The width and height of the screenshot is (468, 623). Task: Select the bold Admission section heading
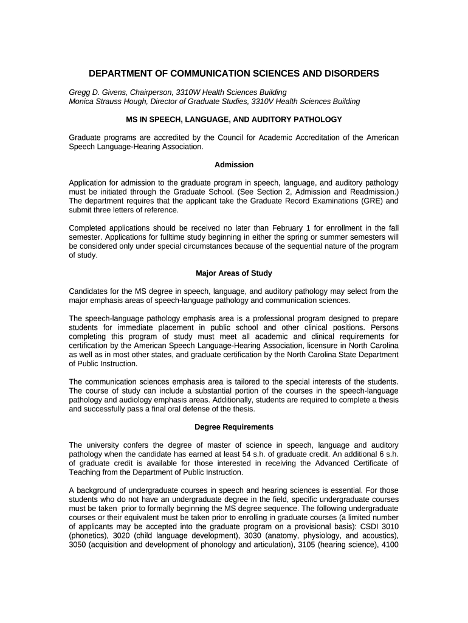point(234,165)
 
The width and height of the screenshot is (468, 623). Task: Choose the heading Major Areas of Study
point(234,273)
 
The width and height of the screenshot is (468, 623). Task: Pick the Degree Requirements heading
point(234,427)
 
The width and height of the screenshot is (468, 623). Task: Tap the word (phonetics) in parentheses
point(89,535)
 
